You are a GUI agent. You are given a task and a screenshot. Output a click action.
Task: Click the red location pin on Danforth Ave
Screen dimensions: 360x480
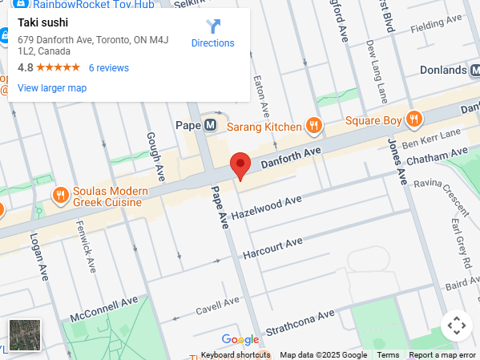tap(240, 165)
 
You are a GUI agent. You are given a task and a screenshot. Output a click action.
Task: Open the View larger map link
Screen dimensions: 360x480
tap(52, 88)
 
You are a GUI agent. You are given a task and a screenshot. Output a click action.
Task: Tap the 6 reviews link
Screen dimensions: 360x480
tap(108, 68)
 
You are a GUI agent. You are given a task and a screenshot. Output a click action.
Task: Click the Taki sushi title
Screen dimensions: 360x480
tap(43, 22)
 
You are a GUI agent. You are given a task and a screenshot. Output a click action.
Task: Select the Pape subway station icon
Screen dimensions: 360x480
tap(210, 125)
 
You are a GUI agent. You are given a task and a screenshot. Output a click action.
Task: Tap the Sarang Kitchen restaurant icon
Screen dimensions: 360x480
tap(314, 125)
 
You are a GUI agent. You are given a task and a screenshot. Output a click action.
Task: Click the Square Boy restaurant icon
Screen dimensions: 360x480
tap(413, 120)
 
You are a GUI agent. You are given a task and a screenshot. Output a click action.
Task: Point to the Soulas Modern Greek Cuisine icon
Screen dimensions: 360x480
tap(60, 195)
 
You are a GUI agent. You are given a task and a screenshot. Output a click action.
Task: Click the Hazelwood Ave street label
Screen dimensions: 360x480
tap(266, 207)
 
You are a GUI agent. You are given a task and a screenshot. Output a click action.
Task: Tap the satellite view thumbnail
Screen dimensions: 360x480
tap(24, 335)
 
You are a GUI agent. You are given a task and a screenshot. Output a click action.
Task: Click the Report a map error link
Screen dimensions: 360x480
tap(442, 355)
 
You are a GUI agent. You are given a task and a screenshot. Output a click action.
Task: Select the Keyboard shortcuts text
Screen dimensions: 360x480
tap(236, 355)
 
